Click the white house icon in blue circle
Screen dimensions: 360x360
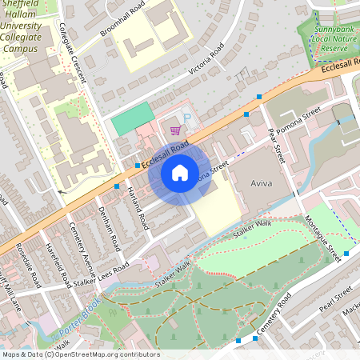click(x=179, y=172)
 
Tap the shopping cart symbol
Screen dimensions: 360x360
click(x=174, y=130)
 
